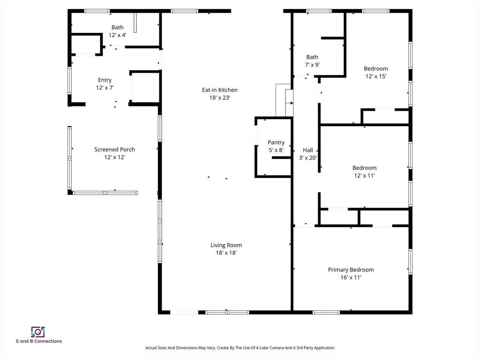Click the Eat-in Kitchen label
click(219, 90)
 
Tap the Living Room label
click(226, 245)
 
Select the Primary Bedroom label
click(351, 270)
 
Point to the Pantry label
click(276, 142)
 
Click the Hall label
click(308, 150)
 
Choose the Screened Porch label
click(114, 150)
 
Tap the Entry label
click(105, 80)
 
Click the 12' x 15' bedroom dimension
click(376, 76)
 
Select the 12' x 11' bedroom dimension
click(364, 175)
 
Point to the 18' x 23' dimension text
click(219, 97)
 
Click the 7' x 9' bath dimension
click(312, 65)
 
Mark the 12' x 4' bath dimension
click(118, 35)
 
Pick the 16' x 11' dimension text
click(351, 277)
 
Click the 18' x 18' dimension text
click(226, 253)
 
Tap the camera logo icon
click(38, 332)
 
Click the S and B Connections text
click(39, 341)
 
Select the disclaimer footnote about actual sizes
click(240, 348)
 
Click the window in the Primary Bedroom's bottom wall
click(326, 312)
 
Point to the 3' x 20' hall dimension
click(308, 158)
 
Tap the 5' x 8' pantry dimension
click(276, 150)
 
